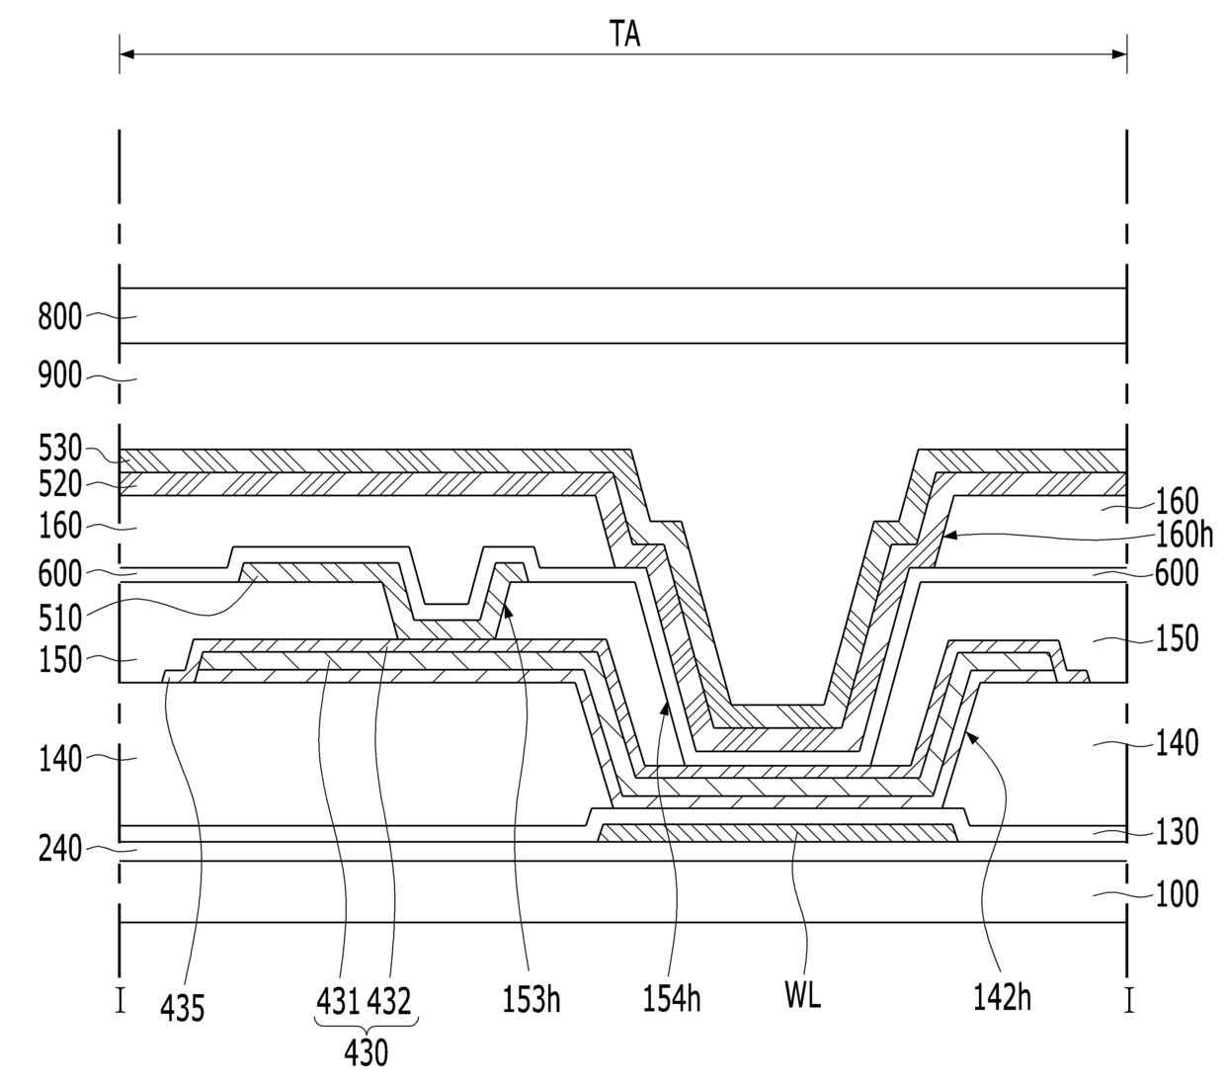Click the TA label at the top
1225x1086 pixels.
pos(623,36)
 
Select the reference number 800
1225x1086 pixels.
pos(60,317)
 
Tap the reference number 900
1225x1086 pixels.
pos(60,377)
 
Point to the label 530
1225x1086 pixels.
pos(60,449)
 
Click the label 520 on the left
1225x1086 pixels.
pos(60,484)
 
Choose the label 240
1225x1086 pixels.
pos(60,848)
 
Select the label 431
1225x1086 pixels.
pos(339,1001)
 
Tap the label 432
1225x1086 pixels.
pos(389,1001)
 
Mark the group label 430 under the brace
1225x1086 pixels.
pos(366,1053)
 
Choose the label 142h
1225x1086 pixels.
pos(1002,999)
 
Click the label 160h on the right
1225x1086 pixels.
pos(1184,535)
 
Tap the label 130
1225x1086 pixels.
pos(1178,832)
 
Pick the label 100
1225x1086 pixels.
pos(1178,894)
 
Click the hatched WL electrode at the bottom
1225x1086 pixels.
pos(778,833)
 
